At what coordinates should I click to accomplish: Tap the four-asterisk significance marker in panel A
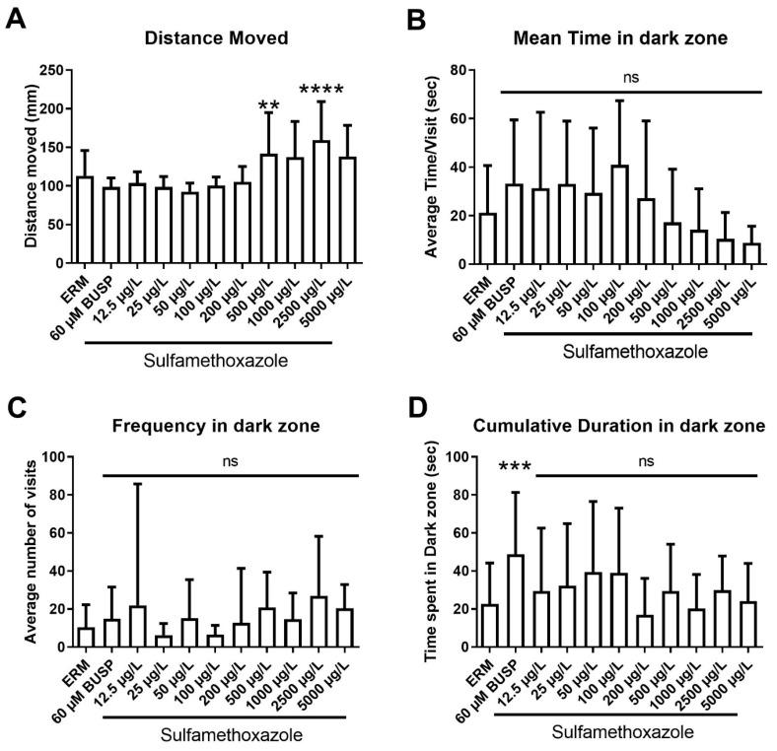(x=315, y=93)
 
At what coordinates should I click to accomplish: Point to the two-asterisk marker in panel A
(x=269, y=105)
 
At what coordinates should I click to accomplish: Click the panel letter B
(x=412, y=18)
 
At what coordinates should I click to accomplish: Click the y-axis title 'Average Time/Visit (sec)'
(x=431, y=167)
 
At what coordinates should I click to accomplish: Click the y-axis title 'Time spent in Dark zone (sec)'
(x=432, y=552)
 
